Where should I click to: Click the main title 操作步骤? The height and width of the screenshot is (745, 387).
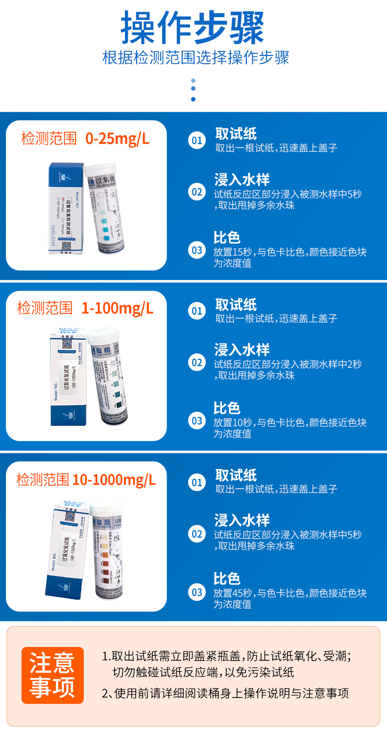point(193,27)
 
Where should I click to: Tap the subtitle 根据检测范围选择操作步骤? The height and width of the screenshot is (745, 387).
point(195,58)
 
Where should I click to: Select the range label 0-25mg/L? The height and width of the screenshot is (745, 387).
point(117,139)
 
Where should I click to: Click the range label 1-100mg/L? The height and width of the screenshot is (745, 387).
point(117,308)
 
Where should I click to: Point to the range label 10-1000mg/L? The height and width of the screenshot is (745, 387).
point(114,479)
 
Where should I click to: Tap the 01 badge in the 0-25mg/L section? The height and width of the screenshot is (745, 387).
point(197,141)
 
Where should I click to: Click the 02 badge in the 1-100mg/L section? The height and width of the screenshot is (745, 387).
point(197,363)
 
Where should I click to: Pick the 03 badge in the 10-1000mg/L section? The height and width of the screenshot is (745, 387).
point(197,592)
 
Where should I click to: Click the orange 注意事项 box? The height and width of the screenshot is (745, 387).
point(52,675)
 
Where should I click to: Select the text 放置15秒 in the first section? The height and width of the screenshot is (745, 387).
point(233,252)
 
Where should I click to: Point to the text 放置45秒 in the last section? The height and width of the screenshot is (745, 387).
point(233,594)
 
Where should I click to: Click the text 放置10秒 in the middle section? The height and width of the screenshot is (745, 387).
point(233,422)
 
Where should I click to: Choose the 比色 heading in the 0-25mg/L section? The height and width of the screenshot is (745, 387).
point(227,238)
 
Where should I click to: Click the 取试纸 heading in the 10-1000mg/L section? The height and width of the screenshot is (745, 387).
point(236,475)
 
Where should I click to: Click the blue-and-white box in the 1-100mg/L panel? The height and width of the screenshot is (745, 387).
point(69,377)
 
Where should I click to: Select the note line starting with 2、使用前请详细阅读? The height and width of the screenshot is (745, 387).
point(225,694)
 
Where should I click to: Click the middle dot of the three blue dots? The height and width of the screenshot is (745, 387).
point(193,89)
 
